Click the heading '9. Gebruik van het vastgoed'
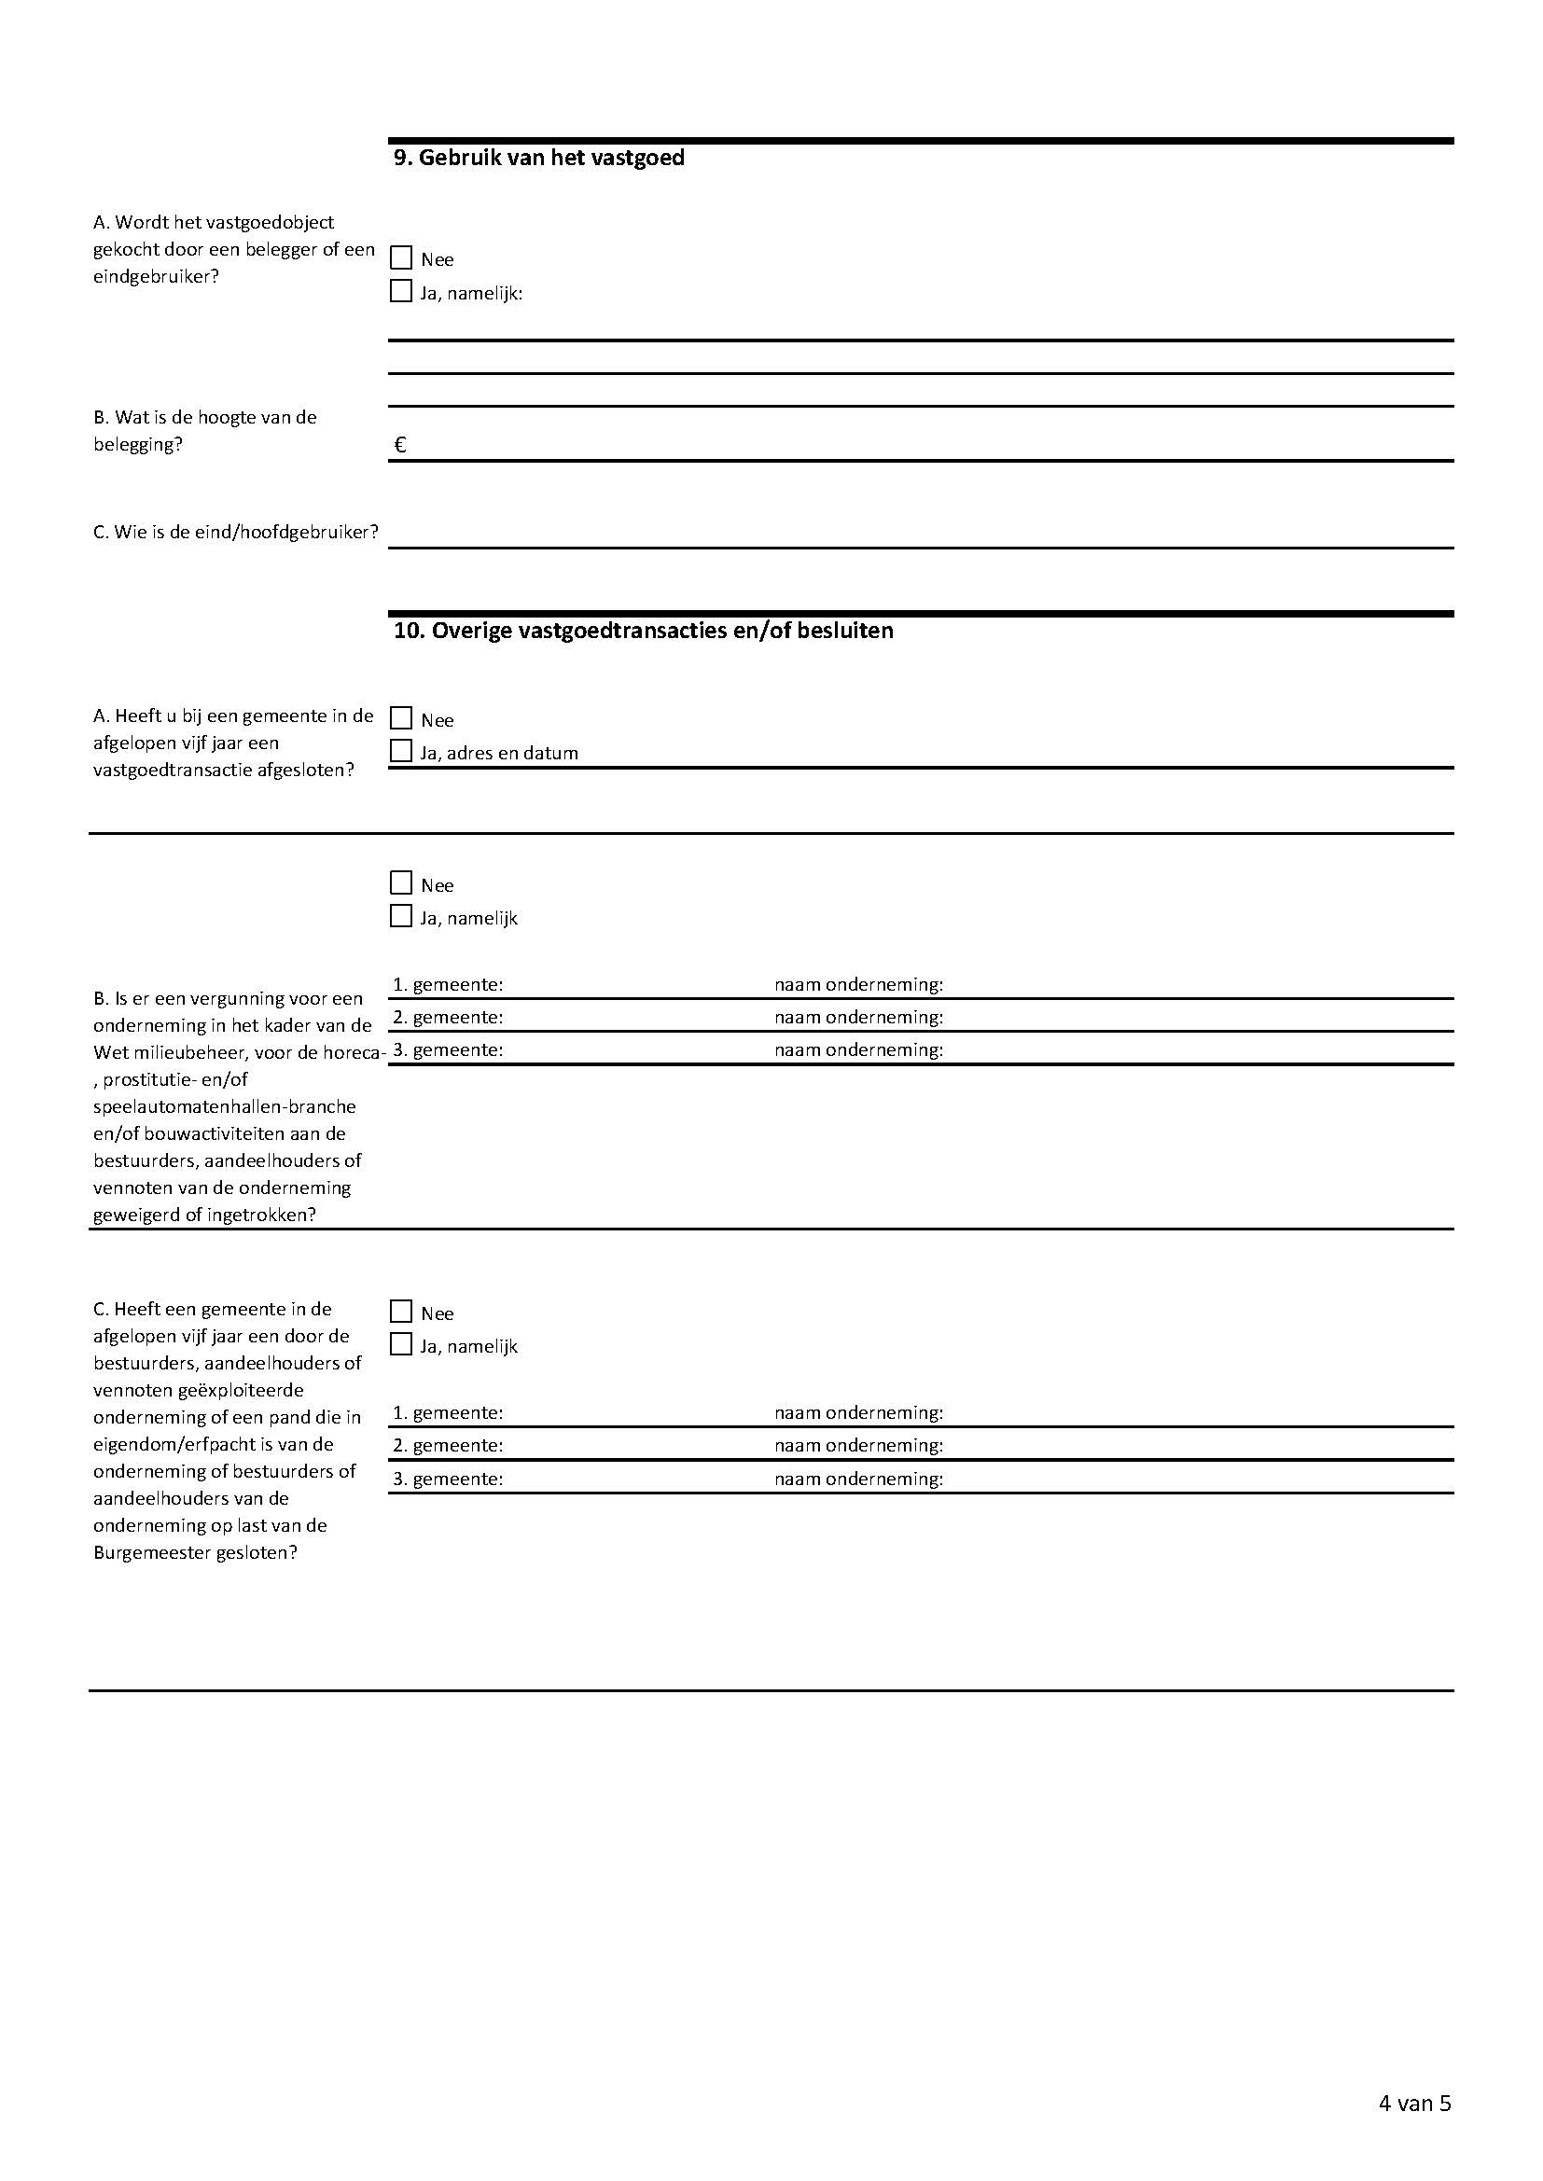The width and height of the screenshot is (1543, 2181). click(538, 158)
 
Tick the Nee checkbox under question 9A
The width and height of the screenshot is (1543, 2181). click(401, 258)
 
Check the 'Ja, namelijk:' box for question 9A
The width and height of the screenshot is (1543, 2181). click(401, 292)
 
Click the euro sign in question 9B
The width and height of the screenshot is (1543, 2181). click(400, 445)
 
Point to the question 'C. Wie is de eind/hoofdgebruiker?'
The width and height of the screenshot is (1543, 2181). click(236, 532)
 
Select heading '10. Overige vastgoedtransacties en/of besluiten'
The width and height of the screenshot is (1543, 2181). click(644, 631)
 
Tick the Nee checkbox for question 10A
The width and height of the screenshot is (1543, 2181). click(401, 718)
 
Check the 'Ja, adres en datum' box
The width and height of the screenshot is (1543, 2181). click(401, 751)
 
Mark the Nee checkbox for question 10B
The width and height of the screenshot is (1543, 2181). click(401, 883)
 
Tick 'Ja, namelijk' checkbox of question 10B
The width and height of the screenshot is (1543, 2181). click(401, 917)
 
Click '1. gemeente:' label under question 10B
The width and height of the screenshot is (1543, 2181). click(448, 985)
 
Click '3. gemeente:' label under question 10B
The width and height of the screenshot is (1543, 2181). click(448, 1050)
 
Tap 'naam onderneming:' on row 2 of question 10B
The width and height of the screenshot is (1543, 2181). click(858, 1018)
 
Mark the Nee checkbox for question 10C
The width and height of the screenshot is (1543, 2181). click(401, 1312)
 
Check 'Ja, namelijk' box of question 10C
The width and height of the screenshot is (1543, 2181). click(401, 1345)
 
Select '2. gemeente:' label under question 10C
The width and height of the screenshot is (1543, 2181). click(448, 1446)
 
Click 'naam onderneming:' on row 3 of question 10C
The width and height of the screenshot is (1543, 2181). click(858, 1479)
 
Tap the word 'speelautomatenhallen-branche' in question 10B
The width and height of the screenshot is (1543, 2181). click(224, 1106)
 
